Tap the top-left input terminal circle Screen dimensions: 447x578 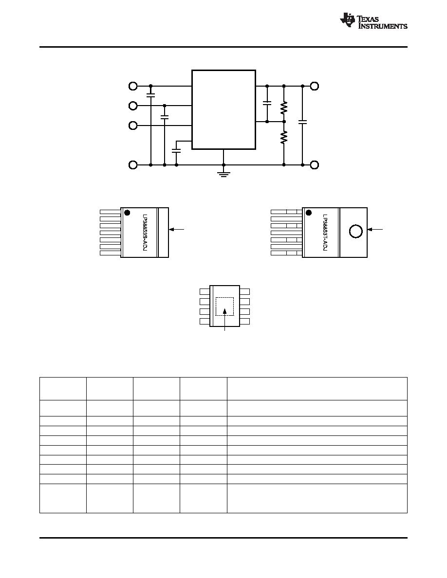[133, 86]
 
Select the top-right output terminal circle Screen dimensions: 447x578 [314, 86]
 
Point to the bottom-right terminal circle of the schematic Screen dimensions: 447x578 [314, 165]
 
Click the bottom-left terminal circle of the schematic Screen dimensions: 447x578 [133, 165]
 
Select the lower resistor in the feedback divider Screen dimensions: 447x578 [283, 138]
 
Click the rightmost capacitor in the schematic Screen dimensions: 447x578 [303, 122]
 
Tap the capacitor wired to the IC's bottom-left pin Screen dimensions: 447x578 [176, 150]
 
